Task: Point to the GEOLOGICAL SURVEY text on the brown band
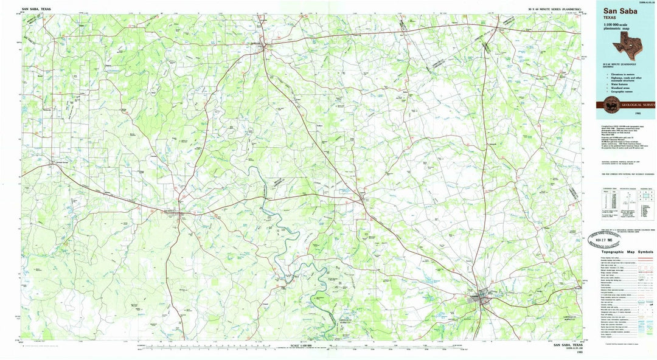[x=638, y=105]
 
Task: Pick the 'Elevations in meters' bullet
[x=620, y=74]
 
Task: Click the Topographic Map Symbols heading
[x=627, y=252]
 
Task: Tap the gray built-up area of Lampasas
[x=482, y=298]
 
